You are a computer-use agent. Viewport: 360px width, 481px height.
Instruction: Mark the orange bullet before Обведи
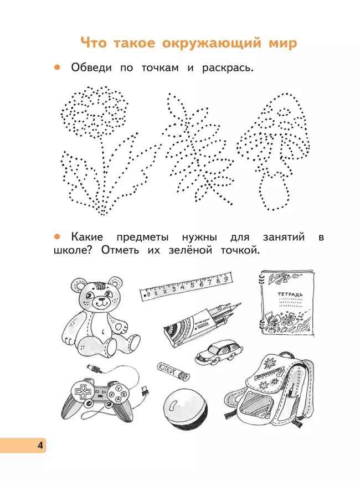click(56, 68)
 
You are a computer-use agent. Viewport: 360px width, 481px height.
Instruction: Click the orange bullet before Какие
click(56, 237)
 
